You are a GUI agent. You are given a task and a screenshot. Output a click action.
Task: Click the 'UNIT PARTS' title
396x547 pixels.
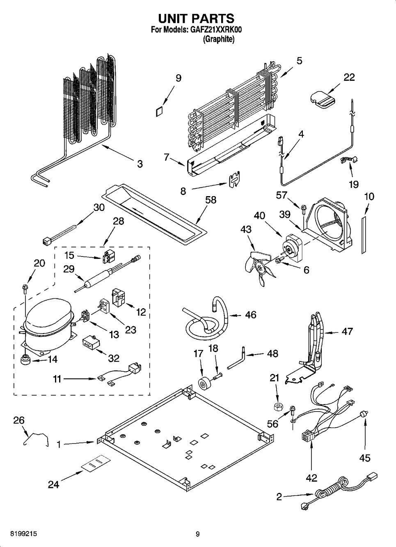pos(196,18)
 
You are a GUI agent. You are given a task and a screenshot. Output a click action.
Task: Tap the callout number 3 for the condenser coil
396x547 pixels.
pos(140,164)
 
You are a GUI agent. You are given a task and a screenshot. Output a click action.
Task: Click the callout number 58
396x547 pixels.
pos(211,200)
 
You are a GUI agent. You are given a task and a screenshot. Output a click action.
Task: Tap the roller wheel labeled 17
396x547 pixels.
pos(203,384)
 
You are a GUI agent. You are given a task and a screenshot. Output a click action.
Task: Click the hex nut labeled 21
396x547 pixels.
pos(278,406)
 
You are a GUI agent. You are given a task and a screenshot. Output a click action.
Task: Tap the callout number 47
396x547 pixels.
pos(347,331)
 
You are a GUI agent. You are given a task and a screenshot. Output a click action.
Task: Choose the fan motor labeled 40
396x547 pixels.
pos(292,249)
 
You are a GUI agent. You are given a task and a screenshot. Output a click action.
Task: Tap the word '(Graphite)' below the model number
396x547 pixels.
pos(219,39)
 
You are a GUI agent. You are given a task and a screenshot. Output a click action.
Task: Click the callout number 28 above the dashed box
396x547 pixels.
pos(118,222)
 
